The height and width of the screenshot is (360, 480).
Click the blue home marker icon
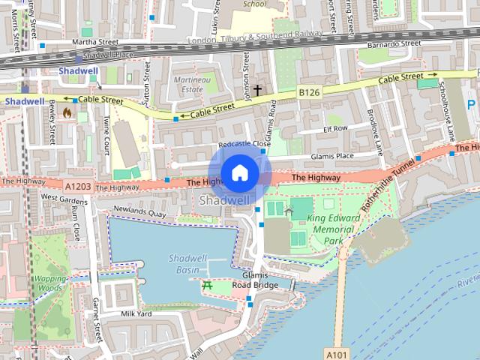click(x=239, y=172)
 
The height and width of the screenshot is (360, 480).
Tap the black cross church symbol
click(x=257, y=90)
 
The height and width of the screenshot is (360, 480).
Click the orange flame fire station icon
click(x=68, y=113)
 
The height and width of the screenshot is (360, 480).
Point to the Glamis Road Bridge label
click(x=255, y=280)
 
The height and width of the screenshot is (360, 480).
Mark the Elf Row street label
click(x=334, y=128)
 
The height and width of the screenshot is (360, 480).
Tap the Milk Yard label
click(x=136, y=313)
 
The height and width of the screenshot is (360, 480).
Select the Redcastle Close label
click(x=241, y=144)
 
